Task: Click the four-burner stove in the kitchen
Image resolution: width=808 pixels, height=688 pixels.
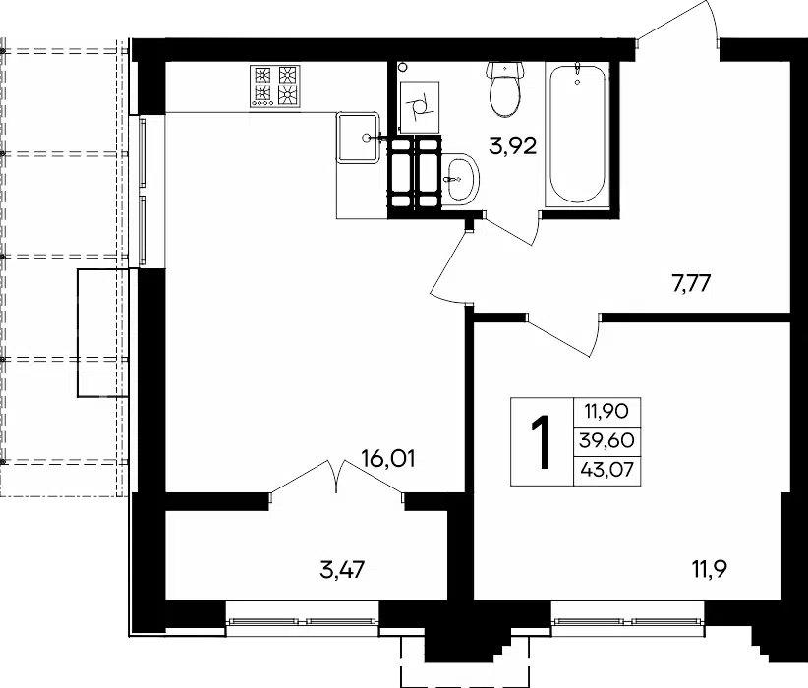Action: coord(274,86)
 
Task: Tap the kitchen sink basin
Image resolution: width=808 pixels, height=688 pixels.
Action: coord(357,138)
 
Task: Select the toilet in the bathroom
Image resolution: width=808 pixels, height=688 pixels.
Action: coord(505,89)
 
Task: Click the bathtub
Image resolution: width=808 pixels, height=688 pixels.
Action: coord(577,135)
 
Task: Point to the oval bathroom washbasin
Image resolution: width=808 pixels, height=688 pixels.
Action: coord(460,179)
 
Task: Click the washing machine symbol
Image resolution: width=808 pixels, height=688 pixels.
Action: coord(420,107)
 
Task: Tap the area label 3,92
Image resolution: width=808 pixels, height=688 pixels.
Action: coord(513,146)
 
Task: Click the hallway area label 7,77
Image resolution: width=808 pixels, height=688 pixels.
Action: coord(691,283)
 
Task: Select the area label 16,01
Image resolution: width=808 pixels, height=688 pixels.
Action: coord(388,458)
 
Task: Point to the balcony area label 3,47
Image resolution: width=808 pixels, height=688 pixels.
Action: coord(342,570)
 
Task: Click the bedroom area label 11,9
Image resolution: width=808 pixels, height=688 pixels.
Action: coord(709,569)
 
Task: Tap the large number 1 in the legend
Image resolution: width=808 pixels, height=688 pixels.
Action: coord(541,442)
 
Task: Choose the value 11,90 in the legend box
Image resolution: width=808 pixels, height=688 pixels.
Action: coord(606,411)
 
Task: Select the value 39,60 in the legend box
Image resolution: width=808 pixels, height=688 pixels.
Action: coord(606,440)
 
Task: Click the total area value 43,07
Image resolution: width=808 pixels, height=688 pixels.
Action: coord(606,470)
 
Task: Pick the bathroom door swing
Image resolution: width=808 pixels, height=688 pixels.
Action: coord(511,228)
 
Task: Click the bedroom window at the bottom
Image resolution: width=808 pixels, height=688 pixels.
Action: coord(628,621)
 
